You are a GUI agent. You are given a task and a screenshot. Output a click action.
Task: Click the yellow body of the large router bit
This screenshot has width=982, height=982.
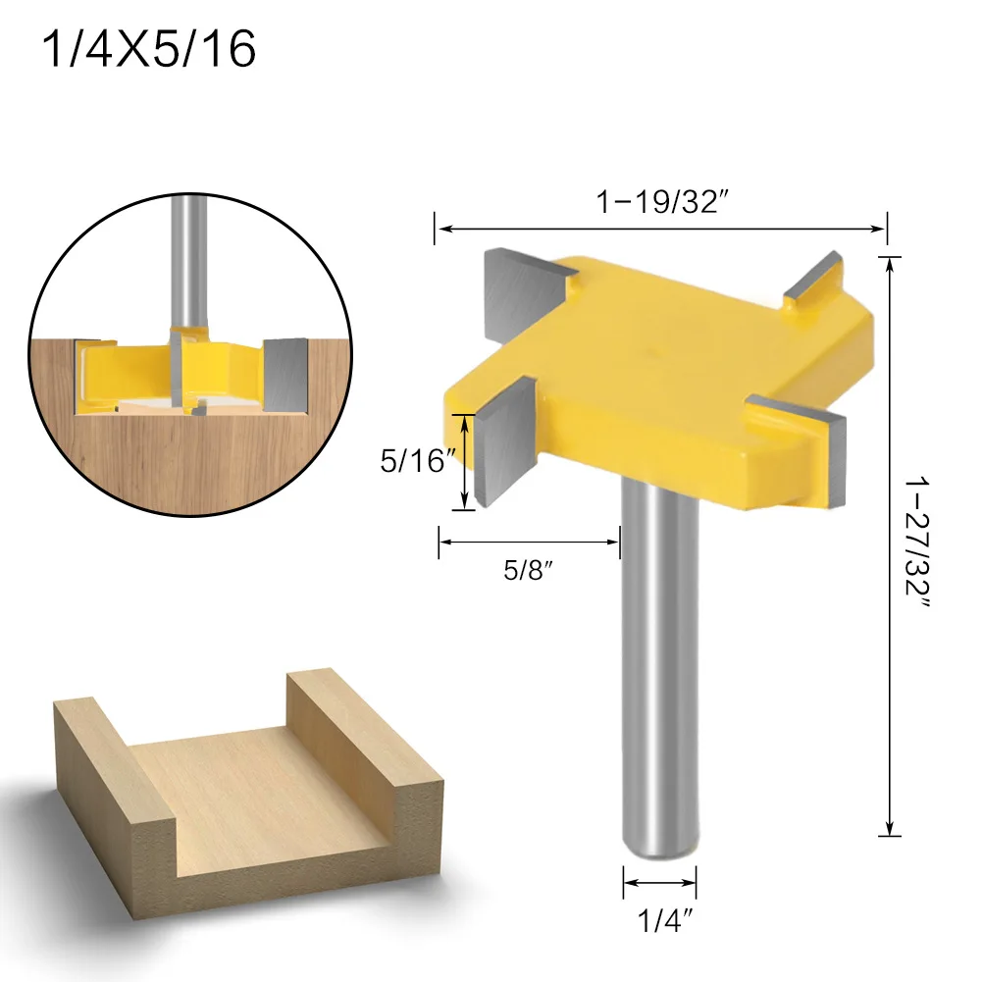[667, 373]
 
